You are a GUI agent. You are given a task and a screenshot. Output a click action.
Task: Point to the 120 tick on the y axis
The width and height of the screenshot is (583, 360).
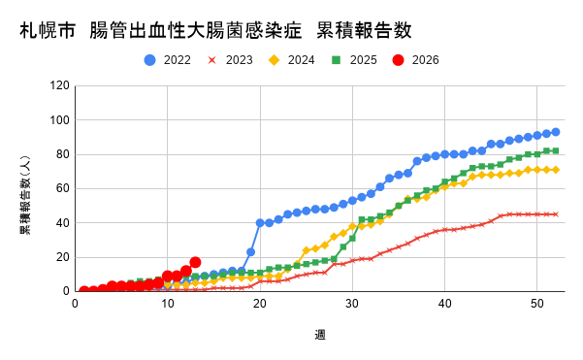tap(60, 85)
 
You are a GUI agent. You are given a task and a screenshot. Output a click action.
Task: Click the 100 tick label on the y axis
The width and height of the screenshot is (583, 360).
tap(60, 120)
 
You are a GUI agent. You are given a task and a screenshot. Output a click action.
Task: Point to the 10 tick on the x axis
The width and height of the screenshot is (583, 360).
tap(167, 303)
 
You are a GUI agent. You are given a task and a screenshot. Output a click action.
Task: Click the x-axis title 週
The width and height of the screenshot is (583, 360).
tap(319, 335)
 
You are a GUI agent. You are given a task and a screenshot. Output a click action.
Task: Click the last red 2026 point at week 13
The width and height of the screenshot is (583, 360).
tap(195, 262)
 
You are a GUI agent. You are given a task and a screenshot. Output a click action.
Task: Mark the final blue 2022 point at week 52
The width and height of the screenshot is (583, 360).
tap(555, 132)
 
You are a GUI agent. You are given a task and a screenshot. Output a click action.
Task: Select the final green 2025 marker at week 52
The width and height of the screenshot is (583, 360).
tap(555, 151)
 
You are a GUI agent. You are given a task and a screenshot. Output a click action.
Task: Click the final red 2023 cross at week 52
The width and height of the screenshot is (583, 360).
tap(555, 214)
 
